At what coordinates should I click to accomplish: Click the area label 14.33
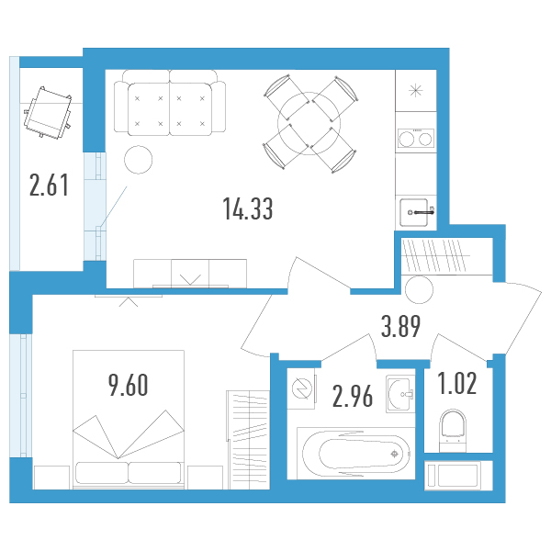[248, 208]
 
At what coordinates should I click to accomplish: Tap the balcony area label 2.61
[49, 186]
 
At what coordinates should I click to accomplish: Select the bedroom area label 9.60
[129, 385]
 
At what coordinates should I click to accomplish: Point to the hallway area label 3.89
[400, 326]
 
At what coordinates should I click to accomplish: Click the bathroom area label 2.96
[353, 397]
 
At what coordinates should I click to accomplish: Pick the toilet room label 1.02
[457, 383]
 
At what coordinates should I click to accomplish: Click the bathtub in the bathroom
[355, 454]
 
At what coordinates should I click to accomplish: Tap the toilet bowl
[453, 432]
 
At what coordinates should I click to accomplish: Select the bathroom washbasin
[400, 394]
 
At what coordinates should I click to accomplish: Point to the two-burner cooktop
[415, 139]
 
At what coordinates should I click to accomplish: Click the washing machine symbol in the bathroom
[301, 388]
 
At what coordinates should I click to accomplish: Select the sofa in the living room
[170, 103]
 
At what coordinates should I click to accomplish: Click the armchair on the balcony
[48, 112]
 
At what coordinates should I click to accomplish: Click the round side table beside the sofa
[138, 160]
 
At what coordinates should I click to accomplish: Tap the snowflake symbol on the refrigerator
[416, 91]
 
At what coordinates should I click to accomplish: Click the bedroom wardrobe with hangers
[248, 440]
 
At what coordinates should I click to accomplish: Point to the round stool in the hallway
[419, 289]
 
